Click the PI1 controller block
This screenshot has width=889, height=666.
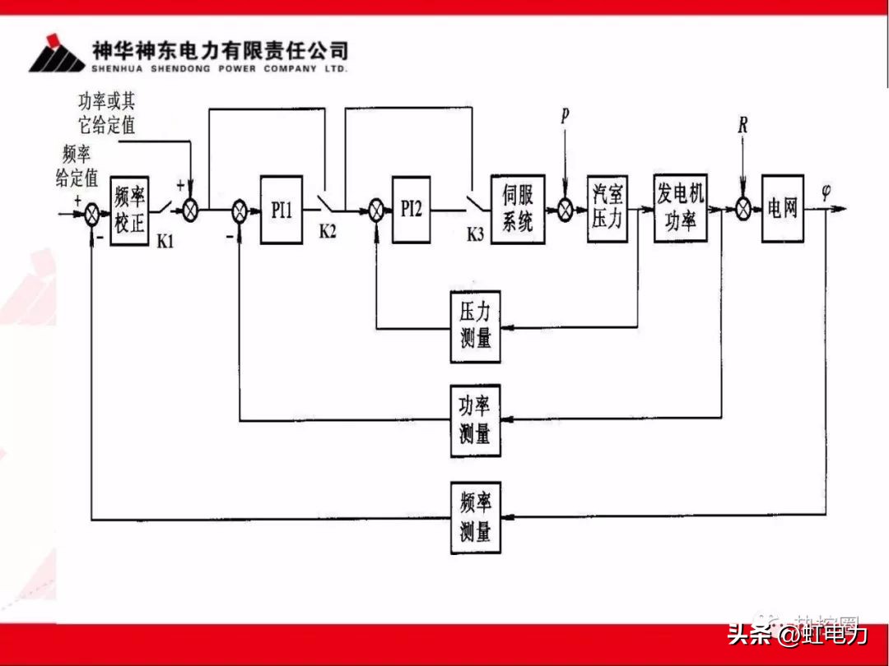(282, 210)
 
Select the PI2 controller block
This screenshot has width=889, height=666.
(411, 209)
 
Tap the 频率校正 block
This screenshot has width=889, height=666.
(130, 210)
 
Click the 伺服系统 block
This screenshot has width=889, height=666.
(518, 209)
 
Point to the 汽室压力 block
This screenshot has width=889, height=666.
(607, 209)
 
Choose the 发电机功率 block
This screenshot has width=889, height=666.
(681, 209)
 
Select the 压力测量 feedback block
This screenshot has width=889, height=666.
(476, 326)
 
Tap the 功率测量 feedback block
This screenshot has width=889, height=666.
(476, 420)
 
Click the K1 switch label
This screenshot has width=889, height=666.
(165, 243)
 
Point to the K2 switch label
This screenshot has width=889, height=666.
(328, 232)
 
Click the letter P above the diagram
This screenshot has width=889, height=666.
(565, 116)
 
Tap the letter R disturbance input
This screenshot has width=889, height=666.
(742, 126)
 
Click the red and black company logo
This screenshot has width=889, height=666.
(57, 54)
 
